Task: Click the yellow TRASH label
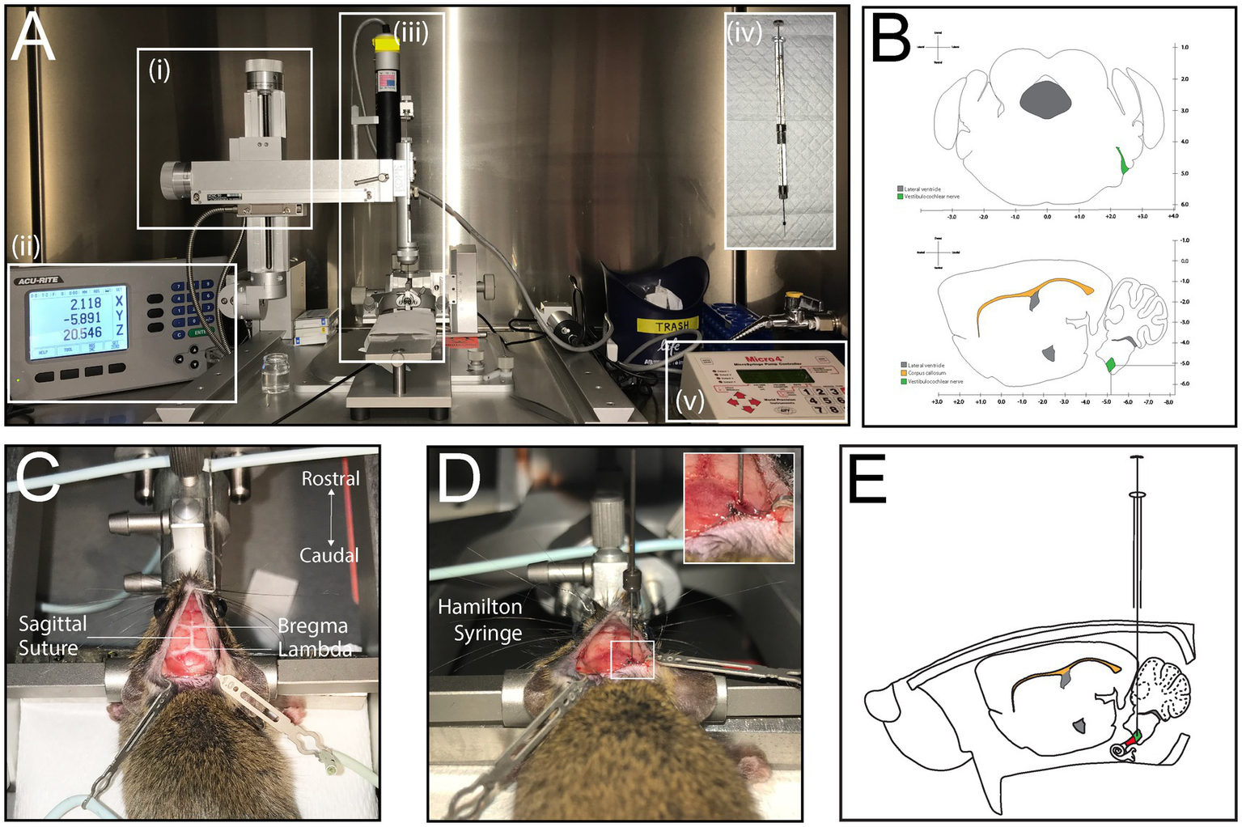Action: [x=672, y=326]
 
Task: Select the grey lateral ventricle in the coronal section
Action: [x=1045, y=100]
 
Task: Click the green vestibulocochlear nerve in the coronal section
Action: [x=1122, y=161]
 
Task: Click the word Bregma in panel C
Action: [x=312, y=626]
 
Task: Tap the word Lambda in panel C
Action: [x=315, y=649]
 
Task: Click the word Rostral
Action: [x=330, y=479]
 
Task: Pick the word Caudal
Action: [x=329, y=555]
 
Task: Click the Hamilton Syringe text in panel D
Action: [x=481, y=620]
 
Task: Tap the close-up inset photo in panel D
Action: [x=739, y=507]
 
